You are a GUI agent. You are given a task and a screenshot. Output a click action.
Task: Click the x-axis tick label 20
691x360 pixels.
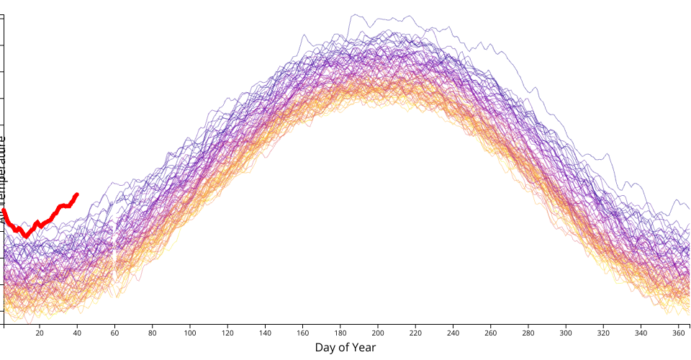click(40, 333)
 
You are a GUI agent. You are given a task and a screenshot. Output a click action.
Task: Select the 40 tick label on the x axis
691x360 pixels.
click(77, 333)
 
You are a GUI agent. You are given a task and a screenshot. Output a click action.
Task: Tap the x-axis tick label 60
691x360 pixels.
click(114, 333)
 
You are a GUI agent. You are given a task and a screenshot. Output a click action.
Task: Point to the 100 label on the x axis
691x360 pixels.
click(190, 333)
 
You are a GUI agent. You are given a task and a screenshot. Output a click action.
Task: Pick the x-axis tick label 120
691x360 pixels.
click(227, 333)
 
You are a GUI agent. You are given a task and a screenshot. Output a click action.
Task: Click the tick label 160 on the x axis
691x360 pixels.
click(303, 333)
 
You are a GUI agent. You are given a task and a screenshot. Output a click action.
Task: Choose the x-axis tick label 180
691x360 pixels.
click(340, 333)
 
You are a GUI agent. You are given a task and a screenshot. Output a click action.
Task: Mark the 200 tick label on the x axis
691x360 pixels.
click(378, 333)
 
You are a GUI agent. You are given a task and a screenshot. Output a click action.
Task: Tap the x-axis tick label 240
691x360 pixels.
click(453, 333)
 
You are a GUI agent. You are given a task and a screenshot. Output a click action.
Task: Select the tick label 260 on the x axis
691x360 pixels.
click(491, 333)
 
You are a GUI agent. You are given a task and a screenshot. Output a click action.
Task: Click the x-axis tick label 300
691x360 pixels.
click(566, 333)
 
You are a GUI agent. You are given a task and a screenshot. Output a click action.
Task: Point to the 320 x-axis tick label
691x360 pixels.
click(604, 333)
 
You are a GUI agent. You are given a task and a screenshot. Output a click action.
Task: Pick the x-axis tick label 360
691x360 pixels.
click(679, 333)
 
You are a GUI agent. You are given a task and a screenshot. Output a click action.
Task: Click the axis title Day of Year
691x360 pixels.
click(345, 348)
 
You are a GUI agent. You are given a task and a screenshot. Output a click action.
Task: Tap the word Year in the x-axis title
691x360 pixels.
click(363, 348)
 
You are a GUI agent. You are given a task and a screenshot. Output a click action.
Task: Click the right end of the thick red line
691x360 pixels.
click(77, 194)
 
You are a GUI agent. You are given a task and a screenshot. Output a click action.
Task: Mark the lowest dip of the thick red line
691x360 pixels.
click(26, 235)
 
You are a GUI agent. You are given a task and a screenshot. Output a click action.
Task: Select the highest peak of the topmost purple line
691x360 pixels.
click(353, 15)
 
